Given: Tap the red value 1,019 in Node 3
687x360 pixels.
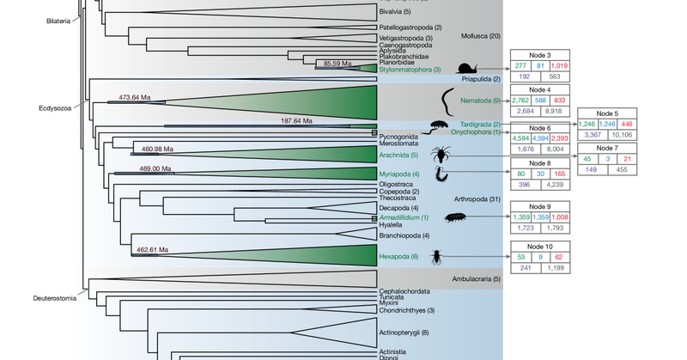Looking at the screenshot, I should point(560,66).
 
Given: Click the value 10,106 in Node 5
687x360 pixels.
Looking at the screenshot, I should point(623,134).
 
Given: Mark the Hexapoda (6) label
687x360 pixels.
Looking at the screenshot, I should point(398,257).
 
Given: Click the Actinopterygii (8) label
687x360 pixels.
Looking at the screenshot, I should point(404,332).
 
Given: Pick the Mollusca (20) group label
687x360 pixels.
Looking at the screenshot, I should point(482,36).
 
